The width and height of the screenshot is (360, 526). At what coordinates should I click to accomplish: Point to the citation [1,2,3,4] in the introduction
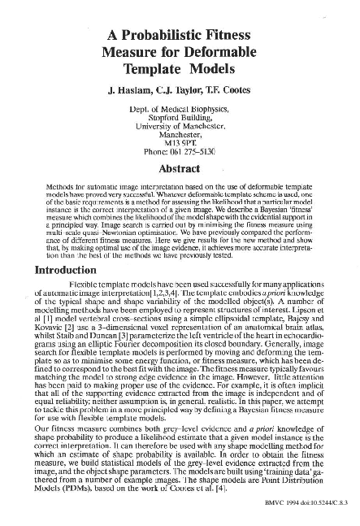coord(163,289)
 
